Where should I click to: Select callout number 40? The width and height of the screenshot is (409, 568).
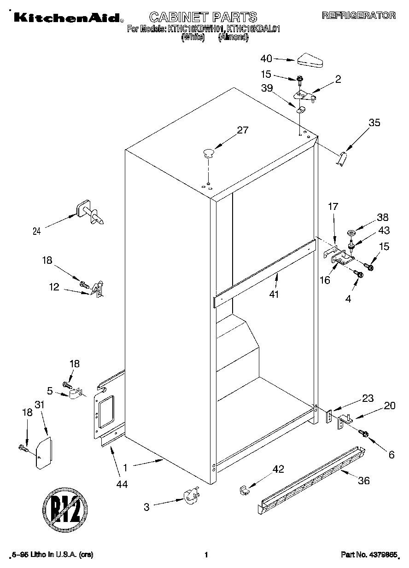[267, 58]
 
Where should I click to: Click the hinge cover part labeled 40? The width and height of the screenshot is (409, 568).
[311, 59]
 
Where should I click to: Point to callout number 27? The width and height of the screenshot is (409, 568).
[242, 130]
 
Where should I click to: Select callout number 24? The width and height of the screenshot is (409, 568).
[36, 232]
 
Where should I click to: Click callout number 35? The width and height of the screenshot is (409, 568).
[374, 122]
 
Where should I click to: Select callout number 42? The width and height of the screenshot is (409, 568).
[278, 469]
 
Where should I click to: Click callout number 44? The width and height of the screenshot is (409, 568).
[122, 484]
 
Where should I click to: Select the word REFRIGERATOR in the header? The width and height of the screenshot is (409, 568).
[358, 15]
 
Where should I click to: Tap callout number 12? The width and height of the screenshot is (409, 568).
[54, 287]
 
